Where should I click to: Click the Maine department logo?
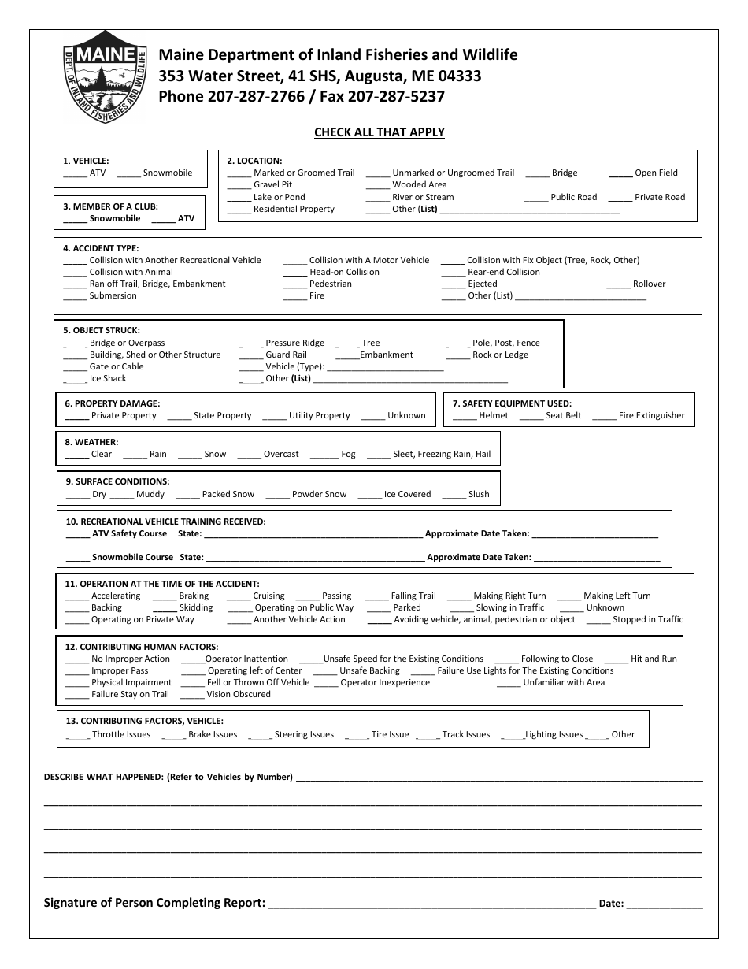[105, 76]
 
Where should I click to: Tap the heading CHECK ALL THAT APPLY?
[380, 132]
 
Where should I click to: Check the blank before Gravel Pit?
[239, 187]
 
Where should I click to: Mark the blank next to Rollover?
[620, 285]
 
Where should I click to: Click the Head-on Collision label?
[344, 272]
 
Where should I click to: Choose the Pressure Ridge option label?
[294, 343]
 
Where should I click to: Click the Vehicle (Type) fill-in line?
[385, 368]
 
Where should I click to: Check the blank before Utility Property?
[274, 417]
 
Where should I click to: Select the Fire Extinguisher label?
[651, 415]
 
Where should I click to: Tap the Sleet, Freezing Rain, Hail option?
[441, 454]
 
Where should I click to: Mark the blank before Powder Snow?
[277, 496]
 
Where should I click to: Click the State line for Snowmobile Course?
[314, 559]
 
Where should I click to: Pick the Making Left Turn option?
[617, 596]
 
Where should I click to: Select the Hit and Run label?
[653, 659]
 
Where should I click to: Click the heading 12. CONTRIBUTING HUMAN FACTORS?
[142, 647]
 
